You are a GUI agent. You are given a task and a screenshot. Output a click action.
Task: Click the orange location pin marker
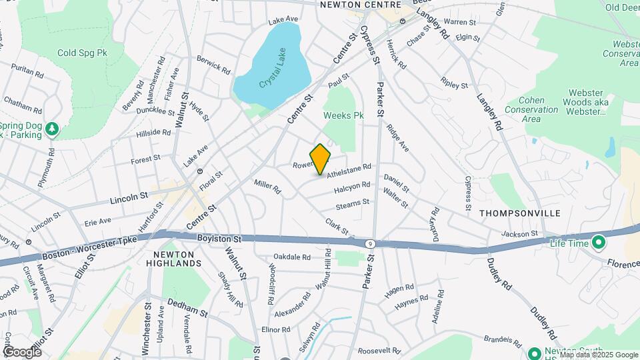coord(321,159)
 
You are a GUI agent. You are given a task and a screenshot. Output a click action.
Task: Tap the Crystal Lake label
coord(272,83)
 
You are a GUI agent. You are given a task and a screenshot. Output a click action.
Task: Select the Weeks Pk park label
coord(343,115)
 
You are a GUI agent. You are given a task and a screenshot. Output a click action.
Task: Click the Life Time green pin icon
coord(598,242)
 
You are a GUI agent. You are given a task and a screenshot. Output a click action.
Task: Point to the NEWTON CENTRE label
coord(350,5)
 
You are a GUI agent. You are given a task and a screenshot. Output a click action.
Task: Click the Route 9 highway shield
coord(369,244)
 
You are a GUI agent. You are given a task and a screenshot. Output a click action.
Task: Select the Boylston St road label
coord(219,238)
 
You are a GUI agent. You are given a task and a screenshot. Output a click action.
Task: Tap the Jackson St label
coord(519,234)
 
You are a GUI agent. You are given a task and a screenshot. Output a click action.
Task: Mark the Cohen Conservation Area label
coord(531,109)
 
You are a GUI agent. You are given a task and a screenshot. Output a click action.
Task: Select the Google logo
coord(23,351)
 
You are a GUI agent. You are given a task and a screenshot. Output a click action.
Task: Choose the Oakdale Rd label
coord(292,257)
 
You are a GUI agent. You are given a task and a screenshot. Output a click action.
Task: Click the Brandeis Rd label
coord(504,340)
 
